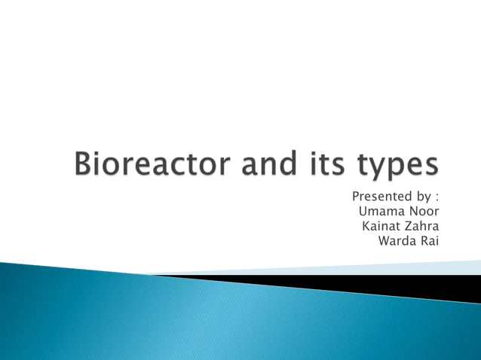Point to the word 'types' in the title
pyautogui.click(x=394, y=166)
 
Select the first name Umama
pyautogui.click(x=381, y=211)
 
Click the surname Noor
pyautogui.click(x=423, y=211)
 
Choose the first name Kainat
pyautogui.click(x=381, y=225)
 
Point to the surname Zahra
pyautogui.click(x=422, y=225)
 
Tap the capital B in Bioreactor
pyautogui.click(x=86, y=163)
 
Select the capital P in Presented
pyautogui.click(x=356, y=197)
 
